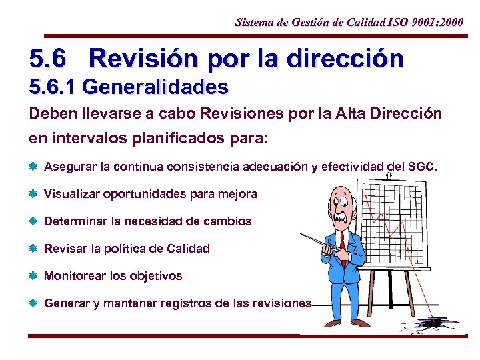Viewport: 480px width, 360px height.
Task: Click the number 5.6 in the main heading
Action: pyautogui.click(x=48, y=59)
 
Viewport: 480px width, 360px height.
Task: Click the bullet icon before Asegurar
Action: pyautogui.click(x=34, y=167)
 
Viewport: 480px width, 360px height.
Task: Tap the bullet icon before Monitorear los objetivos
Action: pyautogui.click(x=34, y=275)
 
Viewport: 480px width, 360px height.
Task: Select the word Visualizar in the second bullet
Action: pyautogui.click(x=70, y=194)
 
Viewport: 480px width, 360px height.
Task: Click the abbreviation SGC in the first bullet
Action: pyautogui.click(x=419, y=167)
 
